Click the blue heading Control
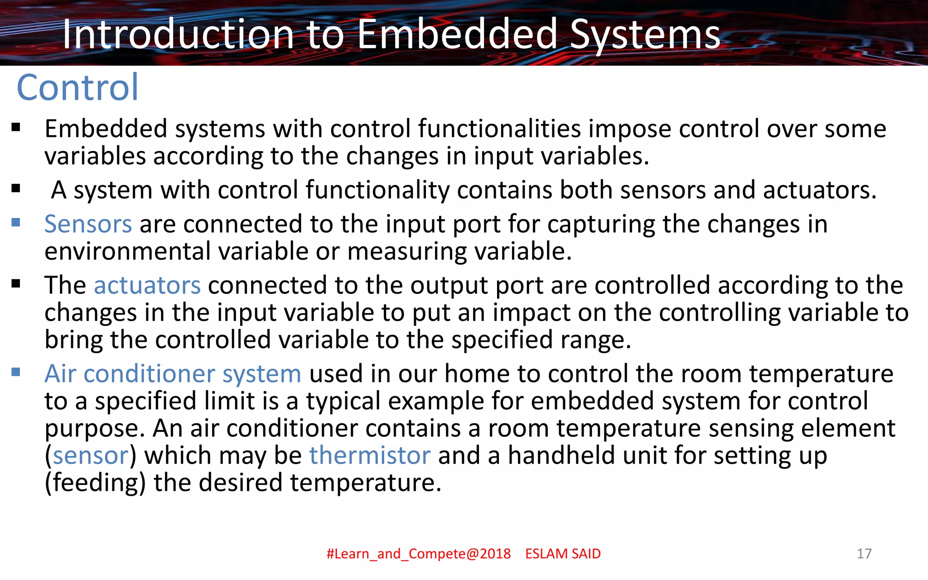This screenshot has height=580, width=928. [77, 87]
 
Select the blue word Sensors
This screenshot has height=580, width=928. [88, 224]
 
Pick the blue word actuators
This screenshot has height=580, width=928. [147, 285]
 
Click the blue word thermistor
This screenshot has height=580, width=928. [370, 455]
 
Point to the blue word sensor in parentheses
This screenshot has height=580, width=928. [91, 456]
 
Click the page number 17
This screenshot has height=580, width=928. [864, 553]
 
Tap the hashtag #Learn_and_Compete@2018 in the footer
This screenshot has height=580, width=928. [419, 554]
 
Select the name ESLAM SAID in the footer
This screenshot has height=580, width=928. [563, 554]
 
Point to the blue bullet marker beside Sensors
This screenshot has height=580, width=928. [16, 222]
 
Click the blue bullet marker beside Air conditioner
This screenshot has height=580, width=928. [16, 372]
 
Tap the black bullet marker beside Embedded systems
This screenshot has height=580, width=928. [16, 128]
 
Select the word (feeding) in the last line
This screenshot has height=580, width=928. [95, 483]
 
